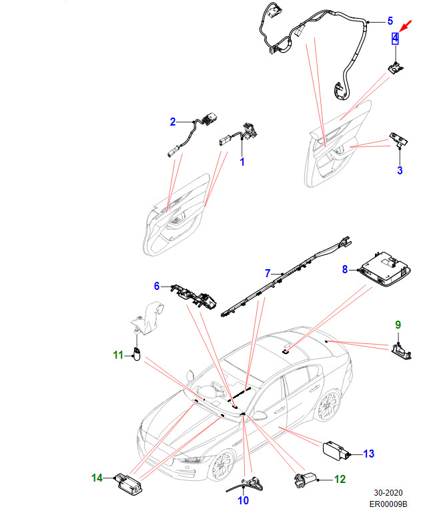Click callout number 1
(x=242, y=162)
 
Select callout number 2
(x=172, y=122)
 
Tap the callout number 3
(x=400, y=170)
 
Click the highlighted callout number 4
(x=395, y=38)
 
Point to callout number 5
(x=390, y=21)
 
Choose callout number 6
(x=157, y=286)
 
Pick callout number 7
(x=268, y=273)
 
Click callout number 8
(x=345, y=269)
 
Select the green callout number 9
(x=398, y=325)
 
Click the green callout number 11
(x=118, y=355)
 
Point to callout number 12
(x=340, y=478)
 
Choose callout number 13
(x=369, y=454)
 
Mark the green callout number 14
(x=97, y=478)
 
